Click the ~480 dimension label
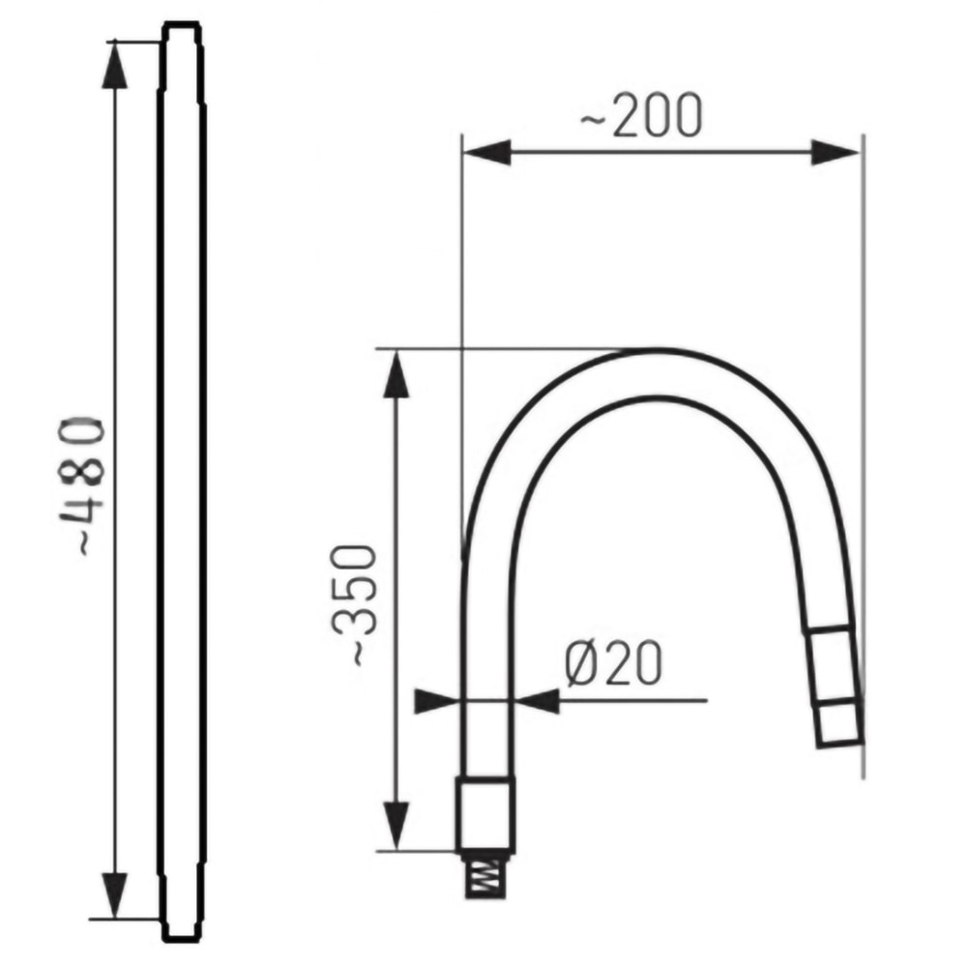tap(82, 487)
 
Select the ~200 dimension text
tap(641, 115)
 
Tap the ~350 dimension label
tap(355, 607)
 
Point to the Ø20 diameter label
tap(614, 663)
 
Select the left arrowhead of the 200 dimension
tap(486, 153)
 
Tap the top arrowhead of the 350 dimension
tap(396, 373)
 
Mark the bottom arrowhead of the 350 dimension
tap(396, 827)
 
